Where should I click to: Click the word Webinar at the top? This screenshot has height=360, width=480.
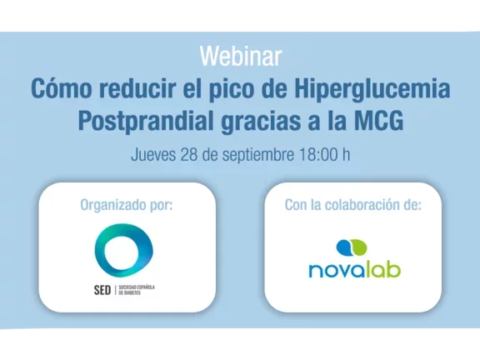[240, 57]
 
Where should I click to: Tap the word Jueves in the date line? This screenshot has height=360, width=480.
[153, 155]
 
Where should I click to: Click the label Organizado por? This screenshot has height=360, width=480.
[127, 205]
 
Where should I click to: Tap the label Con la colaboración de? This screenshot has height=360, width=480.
[352, 205]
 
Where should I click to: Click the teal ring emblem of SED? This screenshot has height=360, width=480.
[123, 251]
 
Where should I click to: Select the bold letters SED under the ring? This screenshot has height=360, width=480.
[102, 290]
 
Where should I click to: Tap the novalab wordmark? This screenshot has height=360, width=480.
[353, 269]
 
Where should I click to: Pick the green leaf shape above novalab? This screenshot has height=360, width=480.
[359, 247]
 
